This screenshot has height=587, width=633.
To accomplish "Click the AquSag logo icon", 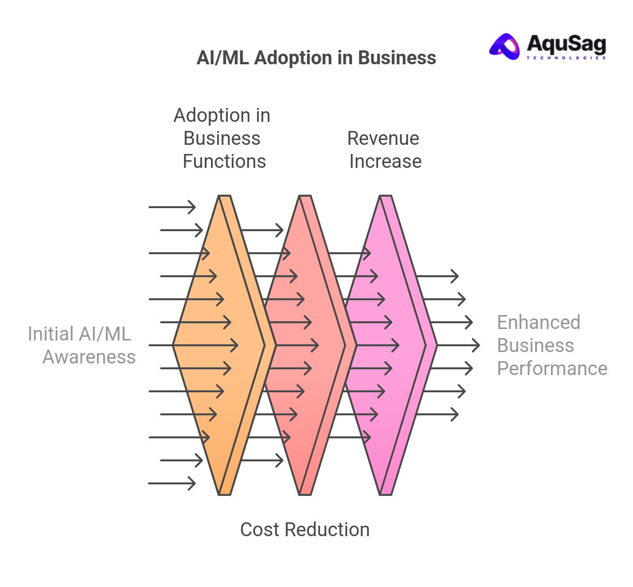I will (x=505, y=47).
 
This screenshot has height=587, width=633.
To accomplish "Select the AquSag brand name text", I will (x=566, y=45).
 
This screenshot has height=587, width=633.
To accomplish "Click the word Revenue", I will (x=383, y=139).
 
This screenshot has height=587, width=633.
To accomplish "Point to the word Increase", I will (x=385, y=162).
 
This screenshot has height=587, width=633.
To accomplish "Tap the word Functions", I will (x=224, y=162).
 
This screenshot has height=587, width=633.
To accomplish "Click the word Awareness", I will (x=89, y=357).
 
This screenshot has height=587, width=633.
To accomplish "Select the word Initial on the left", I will (x=50, y=334).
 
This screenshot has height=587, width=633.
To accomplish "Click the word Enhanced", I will (x=539, y=323).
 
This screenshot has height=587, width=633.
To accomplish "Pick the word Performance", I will (x=552, y=369).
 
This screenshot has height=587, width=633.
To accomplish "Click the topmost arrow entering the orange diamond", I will (x=172, y=207).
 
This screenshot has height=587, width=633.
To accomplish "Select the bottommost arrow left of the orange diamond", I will (x=172, y=483).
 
